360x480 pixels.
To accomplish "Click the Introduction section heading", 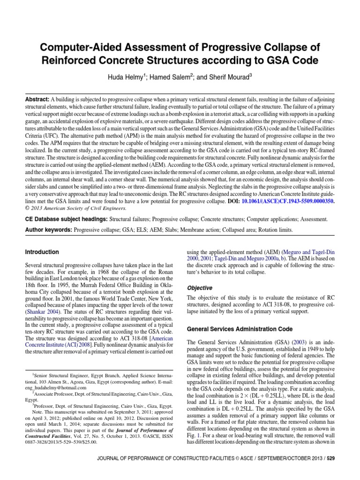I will click(x=42, y=252).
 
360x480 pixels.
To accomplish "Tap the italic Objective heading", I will click(x=200, y=288).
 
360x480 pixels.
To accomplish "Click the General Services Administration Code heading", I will click(x=240, y=329).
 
